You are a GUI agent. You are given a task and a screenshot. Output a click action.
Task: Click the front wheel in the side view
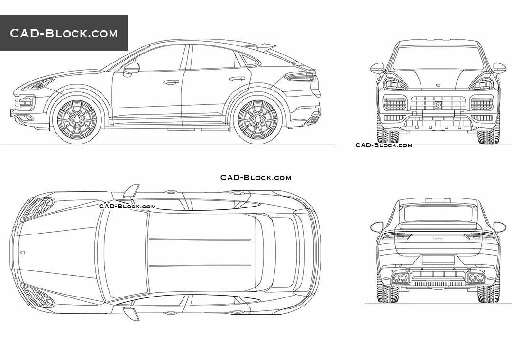(77, 118)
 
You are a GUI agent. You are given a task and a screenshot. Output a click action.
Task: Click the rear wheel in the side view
(257, 118)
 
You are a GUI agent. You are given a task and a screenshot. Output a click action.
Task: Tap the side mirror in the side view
(131, 68)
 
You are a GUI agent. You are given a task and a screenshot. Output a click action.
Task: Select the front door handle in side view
(171, 82)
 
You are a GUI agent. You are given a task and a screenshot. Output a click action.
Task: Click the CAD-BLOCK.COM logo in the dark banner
(64, 33)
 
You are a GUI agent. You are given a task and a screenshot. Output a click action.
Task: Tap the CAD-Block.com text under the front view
(384, 145)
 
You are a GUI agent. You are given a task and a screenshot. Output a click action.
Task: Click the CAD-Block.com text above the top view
(256, 178)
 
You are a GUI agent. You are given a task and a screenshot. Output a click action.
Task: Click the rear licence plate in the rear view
(438, 259)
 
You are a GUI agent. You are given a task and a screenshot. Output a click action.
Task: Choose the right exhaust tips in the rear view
(475, 278)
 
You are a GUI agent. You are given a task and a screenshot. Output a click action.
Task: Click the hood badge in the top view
(23, 252)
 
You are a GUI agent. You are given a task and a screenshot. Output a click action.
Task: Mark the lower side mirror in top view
(130, 313)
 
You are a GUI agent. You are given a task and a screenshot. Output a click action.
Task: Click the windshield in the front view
(438, 58)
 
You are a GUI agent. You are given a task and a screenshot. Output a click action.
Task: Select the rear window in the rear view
(438, 214)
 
